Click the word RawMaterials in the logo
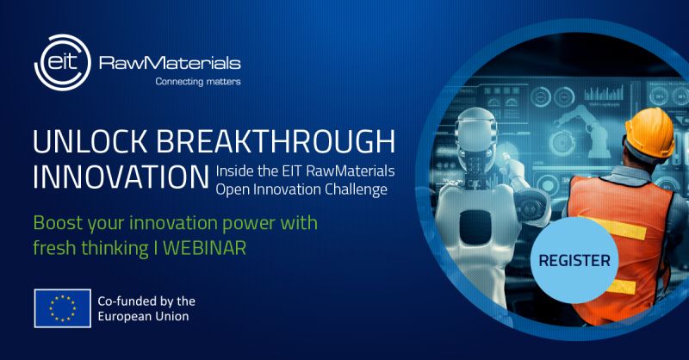tap(170, 63)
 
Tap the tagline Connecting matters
tap(197, 82)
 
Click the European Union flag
tap(63, 307)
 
